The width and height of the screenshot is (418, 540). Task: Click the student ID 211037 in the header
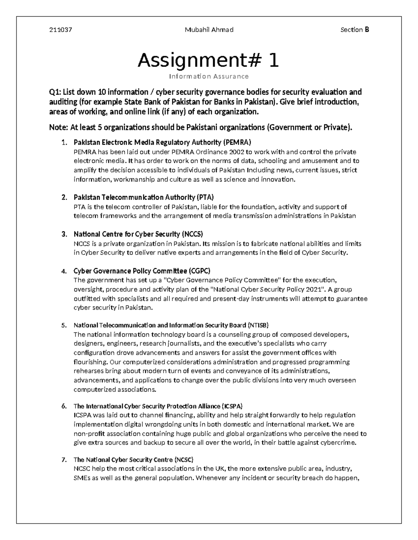(61, 30)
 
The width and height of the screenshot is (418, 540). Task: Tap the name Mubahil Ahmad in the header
(209, 30)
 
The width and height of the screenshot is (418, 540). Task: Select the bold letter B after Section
(367, 30)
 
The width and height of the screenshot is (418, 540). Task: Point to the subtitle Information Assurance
(209, 76)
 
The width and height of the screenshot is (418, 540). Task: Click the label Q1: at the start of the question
(55, 92)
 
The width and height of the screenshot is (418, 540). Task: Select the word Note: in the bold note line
(59, 128)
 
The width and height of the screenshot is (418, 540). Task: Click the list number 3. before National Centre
(64, 234)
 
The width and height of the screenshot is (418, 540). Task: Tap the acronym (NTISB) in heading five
(258, 325)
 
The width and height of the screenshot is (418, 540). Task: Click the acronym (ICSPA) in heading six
(232, 406)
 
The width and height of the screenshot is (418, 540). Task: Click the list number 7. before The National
(64, 459)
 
